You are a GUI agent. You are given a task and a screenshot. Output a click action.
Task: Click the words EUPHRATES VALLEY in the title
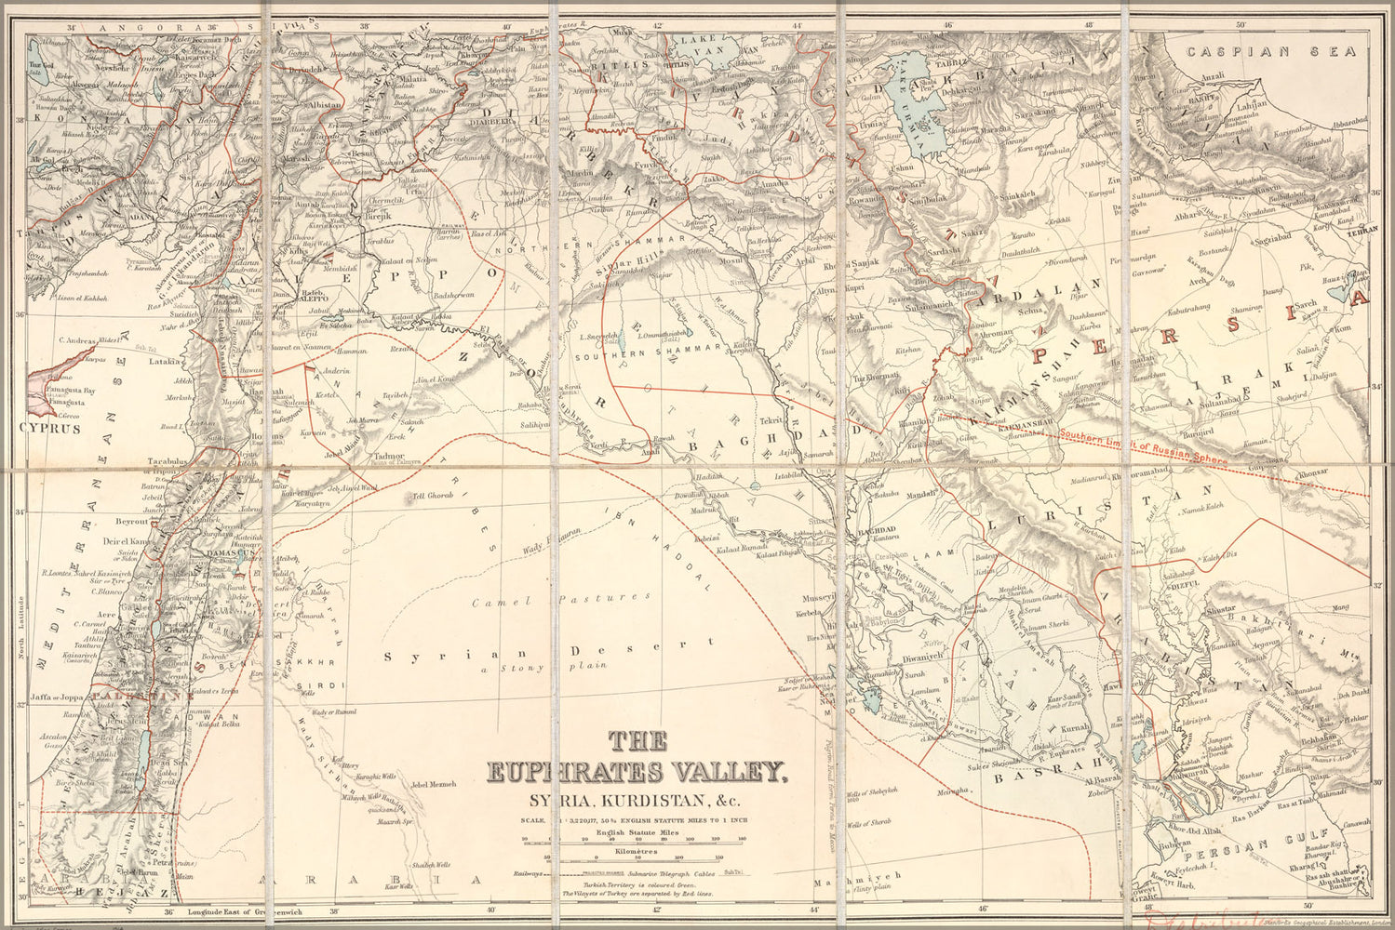pos(637,773)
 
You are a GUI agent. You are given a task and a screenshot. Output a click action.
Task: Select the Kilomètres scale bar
pos(637,857)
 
